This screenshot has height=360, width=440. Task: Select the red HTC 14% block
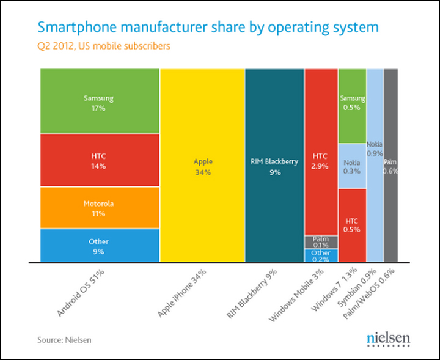(x=98, y=160)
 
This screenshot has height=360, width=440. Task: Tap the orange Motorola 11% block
(x=98, y=208)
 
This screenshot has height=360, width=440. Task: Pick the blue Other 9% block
(x=98, y=246)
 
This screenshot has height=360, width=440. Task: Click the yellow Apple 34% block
(x=202, y=166)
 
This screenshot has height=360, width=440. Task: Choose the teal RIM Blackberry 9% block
(x=274, y=166)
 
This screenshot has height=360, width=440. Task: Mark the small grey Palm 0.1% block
(x=321, y=241)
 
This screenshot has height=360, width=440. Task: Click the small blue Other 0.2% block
(x=321, y=255)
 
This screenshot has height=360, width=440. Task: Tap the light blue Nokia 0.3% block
(x=353, y=166)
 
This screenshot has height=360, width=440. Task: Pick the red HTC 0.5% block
(x=353, y=225)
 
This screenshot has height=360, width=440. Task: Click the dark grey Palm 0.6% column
(x=391, y=166)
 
